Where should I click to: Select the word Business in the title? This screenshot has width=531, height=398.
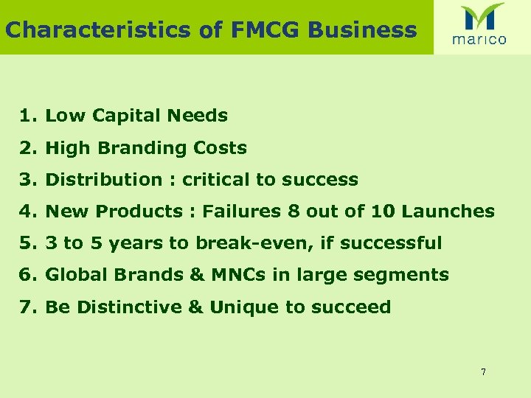click(362, 29)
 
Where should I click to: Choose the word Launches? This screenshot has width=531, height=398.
click(450, 212)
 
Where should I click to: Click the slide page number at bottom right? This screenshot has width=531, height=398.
click(483, 372)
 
